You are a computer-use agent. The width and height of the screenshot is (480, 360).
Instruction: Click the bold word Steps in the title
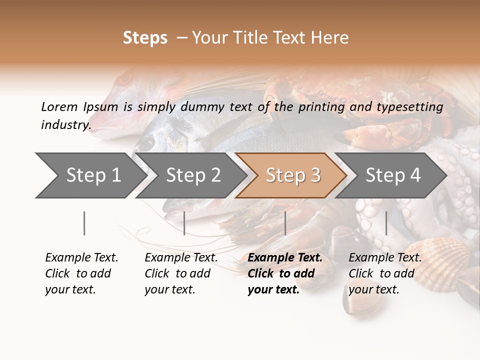[145, 38]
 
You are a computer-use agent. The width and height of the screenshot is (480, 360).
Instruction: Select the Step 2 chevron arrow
[192, 175]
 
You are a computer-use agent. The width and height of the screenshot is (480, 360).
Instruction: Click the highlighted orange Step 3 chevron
[292, 175]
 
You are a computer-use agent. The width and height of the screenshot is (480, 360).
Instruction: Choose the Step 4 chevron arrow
[392, 175]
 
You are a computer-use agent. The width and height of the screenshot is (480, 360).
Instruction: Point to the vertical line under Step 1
[84, 223]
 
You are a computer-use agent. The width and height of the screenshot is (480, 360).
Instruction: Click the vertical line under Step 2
[184, 223]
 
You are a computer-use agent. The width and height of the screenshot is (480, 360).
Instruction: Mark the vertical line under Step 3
[285, 223]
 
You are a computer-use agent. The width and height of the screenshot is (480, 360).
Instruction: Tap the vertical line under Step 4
[386, 223]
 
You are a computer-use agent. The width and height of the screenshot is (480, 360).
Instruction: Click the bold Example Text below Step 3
[284, 273]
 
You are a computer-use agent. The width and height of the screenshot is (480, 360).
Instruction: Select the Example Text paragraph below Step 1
[81, 273]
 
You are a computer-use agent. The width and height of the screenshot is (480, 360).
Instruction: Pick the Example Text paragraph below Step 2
[181, 273]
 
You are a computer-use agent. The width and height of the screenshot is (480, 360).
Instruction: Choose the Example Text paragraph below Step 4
[385, 273]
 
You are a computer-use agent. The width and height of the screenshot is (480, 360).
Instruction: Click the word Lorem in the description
[59, 106]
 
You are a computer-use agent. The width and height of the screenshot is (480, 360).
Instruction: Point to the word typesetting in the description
[409, 107]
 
